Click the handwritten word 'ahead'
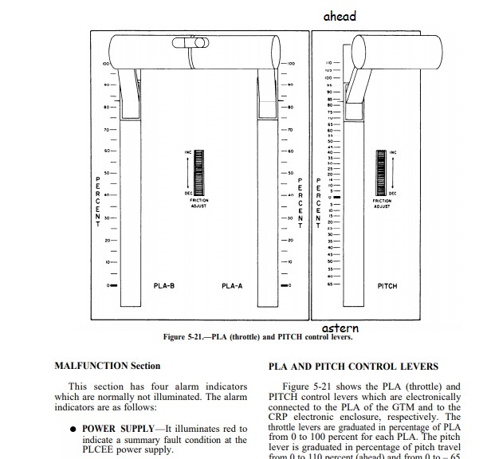coord(340,16)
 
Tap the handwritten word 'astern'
coord(340,328)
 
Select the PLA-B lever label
coord(164,285)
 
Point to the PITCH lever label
coord(387,285)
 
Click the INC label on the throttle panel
coord(188,151)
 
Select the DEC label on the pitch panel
coord(392,193)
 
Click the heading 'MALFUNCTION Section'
coord(101,366)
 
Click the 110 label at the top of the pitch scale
coord(328,63)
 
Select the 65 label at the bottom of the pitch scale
coord(328,284)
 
